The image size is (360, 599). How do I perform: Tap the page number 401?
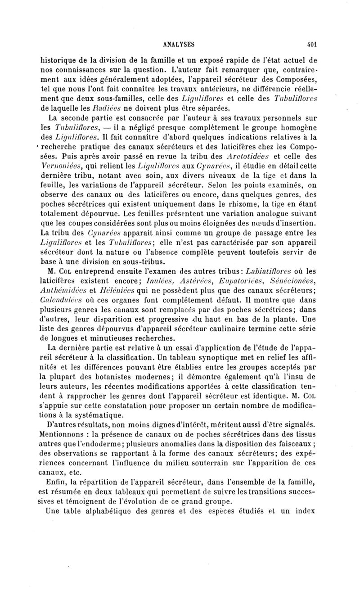point(311,45)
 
